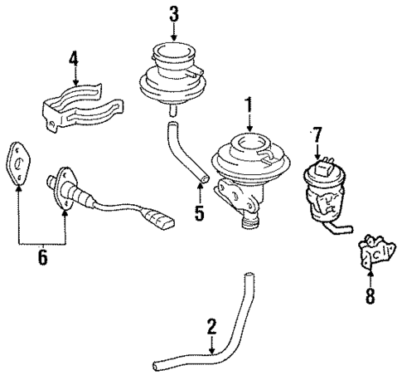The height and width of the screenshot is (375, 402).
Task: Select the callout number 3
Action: click(x=174, y=13)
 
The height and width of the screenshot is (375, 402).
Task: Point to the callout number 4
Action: click(x=74, y=59)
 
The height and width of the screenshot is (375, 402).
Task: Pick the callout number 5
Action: click(x=198, y=213)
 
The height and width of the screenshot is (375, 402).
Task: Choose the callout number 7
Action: click(x=316, y=134)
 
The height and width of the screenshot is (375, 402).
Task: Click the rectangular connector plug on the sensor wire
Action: click(x=164, y=223)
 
